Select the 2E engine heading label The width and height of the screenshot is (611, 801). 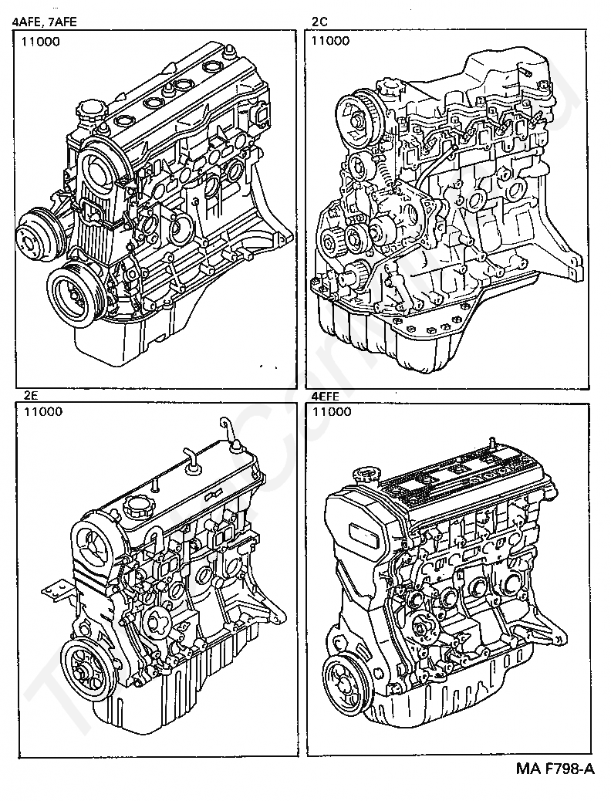pos(32,395)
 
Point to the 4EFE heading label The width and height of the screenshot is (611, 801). pos(325,395)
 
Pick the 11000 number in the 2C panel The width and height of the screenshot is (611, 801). pos(329,41)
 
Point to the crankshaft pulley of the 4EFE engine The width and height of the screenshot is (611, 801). pos(344,680)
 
